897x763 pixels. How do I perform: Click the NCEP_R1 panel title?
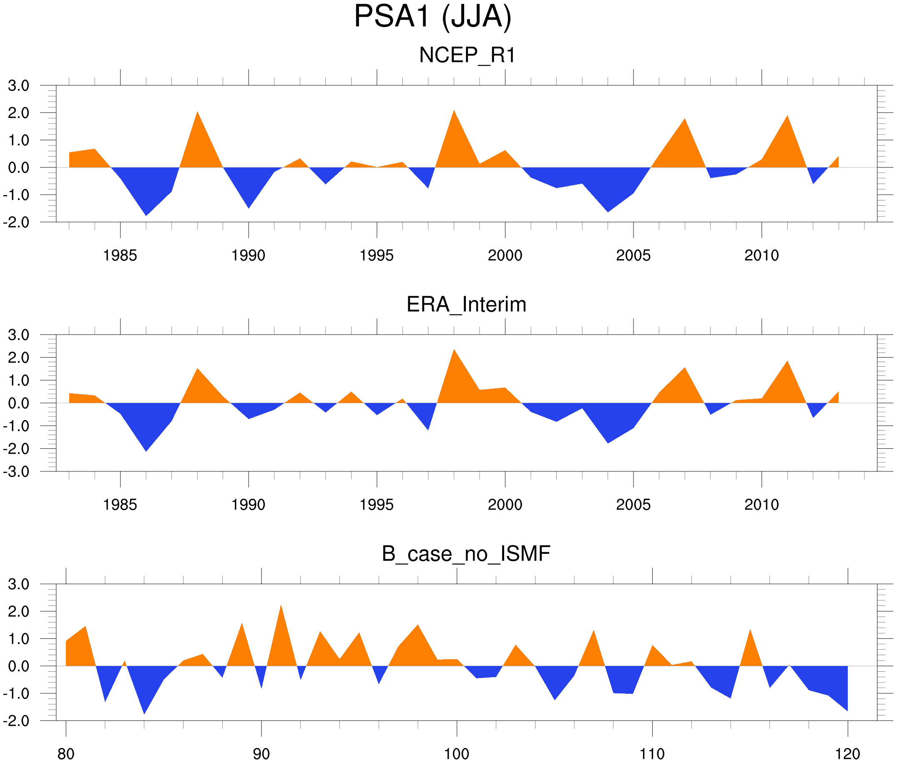pyautogui.click(x=467, y=55)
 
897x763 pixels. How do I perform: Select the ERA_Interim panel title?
pyautogui.click(x=466, y=305)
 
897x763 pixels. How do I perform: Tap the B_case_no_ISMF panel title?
pyautogui.click(x=466, y=554)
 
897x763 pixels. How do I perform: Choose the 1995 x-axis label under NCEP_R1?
pyautogui.click(x=377, y=255)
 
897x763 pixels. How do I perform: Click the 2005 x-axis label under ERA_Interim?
pyautogui.click(x=633, y=505)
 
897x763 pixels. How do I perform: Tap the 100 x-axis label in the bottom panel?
pyautogui.click(x=457, y=754)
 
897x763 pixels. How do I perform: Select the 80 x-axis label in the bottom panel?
pyautogui.click(x=66, y=754)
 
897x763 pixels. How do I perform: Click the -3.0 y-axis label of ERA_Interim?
pyautogui.click(x=16, y=471)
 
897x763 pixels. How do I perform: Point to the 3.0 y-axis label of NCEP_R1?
pyautogui.click(x=19, y=86)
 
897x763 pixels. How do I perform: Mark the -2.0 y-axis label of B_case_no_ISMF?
pyautogui.click(x=16, y=720)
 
